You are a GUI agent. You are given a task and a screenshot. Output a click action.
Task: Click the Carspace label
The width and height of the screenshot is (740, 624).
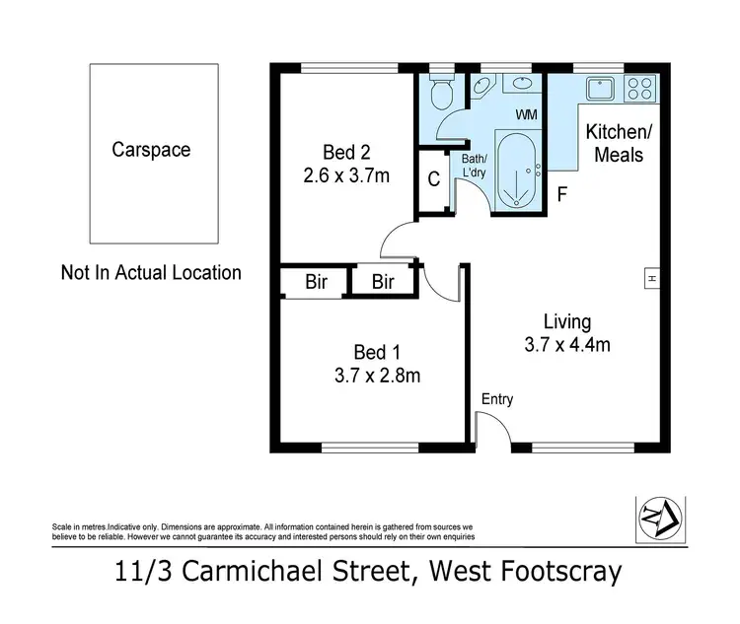pos(151,151)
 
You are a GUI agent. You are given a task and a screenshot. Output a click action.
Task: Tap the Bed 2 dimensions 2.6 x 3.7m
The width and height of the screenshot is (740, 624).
pos(346,177)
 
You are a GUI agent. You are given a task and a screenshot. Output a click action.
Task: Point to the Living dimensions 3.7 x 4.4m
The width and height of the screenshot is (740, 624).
pos(567,345)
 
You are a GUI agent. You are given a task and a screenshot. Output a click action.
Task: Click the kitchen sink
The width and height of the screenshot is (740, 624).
pos(601,90)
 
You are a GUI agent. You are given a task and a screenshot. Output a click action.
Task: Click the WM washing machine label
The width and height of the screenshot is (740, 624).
pos(526,115)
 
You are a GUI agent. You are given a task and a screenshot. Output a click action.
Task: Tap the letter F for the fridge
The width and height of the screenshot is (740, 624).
pos(562,194)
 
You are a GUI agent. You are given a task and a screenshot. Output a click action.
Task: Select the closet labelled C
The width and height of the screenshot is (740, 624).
pos(433,179)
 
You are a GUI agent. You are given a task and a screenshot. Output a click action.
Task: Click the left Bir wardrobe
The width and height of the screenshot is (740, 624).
pos(316,283)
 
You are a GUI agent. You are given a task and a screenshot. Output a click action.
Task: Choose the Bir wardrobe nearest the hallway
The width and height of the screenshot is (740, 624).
pos(384,283)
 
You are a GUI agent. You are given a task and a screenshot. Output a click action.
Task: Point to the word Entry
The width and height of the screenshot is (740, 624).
pos(496,399)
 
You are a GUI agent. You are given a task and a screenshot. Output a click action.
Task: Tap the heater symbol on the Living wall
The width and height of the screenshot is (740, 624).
pos(652,279)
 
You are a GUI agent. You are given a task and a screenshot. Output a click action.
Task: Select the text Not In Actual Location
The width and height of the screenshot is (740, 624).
pos(151,273)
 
